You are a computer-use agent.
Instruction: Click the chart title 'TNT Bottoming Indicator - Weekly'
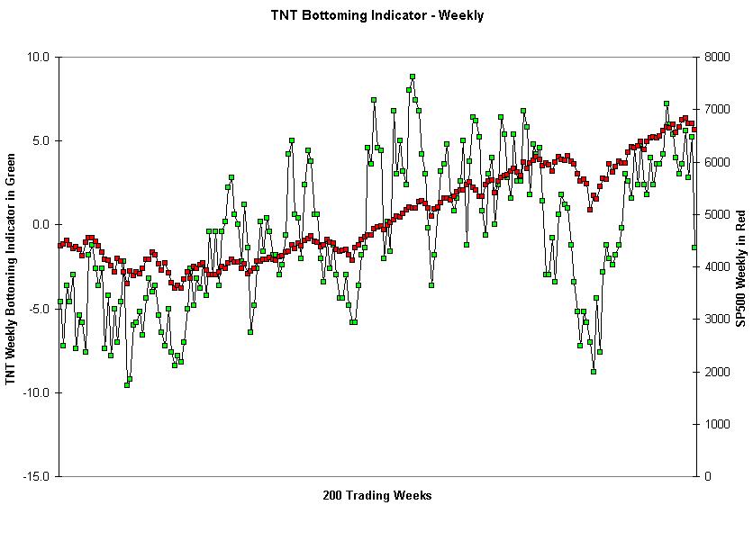pyautogui.click(x=376, y=15)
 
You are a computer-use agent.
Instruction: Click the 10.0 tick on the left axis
pyautogui.click(x=39, y=57)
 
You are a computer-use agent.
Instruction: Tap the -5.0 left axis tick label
pyautogui.click(x=40, y=309)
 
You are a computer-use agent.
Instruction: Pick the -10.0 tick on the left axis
pyautogui.click(x=37, y=392)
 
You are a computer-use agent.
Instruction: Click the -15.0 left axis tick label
pyautogui.click(x=37, y=476)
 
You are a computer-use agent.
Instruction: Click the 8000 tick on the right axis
pyautogui.click(x=717, y=57)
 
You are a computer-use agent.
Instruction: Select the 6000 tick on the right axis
pyautogui.click(x=717, y=162)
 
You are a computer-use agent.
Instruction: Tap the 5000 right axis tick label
pyautogui.click(x=717, y=214)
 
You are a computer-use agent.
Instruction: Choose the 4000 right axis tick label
pyautogui.click(x=717, y=266)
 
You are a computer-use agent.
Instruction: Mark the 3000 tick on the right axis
pyautogui.click(x=717, y=319)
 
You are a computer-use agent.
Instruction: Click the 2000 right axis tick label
pyautogui.click(x=717, y=371)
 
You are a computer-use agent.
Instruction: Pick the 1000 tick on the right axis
pyautogui.click(x=717, y=424)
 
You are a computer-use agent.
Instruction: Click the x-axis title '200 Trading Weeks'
pyautogui.click(x=376, y=495)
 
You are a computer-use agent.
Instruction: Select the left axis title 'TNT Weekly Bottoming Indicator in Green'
pyautogui.click(x=11, y=266)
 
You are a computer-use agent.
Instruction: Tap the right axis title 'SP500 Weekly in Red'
pyautogui.click(x=740, y=266)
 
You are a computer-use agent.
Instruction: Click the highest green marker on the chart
pyautogui.click(x=412, y=77)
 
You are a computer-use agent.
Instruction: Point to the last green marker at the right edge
pyautogui.click(x=694, y=248)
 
